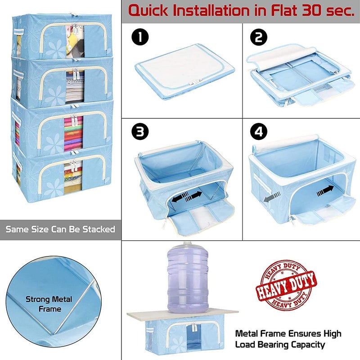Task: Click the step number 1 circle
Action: (140, 37)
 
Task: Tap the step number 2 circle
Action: (259, 37)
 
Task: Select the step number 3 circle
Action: (140, 132)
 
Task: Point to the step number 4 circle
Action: (259, 132)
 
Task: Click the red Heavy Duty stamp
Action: (286, 286)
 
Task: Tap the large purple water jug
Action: (188, 278)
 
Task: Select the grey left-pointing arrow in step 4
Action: (272, 197)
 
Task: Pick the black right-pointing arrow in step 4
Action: (325, 191)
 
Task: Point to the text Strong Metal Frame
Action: (49, 304)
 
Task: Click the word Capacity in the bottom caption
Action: (308, 345)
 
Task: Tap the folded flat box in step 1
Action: (184, 72)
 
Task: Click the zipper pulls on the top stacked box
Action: (75, 27)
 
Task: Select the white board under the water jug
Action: (183, 315)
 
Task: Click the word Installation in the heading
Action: (211, 10)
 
